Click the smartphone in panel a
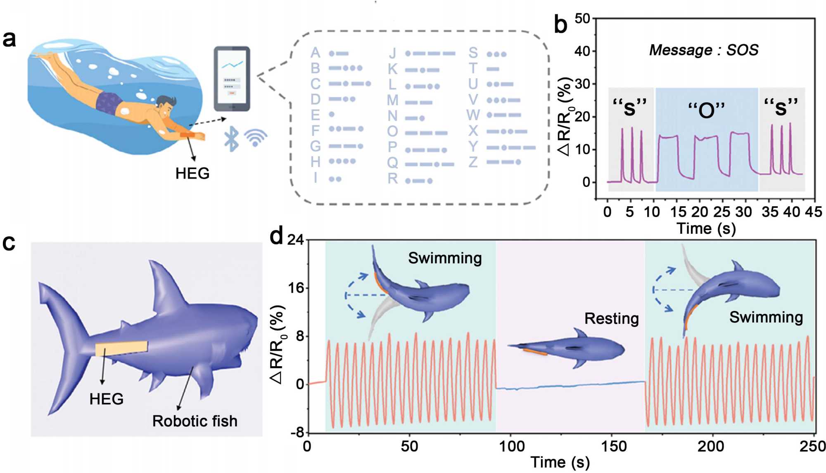[232, 78]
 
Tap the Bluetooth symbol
[232, 139]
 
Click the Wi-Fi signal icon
[256, 138]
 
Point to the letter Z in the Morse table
[473, 162]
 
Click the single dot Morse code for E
[332, 114]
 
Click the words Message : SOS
[704, 50]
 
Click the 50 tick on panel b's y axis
[582, 19]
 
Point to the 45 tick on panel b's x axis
[813, 212]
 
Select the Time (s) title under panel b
[706, 228]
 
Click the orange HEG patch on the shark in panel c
[121, 348]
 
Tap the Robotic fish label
[195, 421]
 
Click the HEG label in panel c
[107, 399]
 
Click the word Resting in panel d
[611, 318]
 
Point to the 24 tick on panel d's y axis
[295, 240]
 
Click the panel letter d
[276, 237]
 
